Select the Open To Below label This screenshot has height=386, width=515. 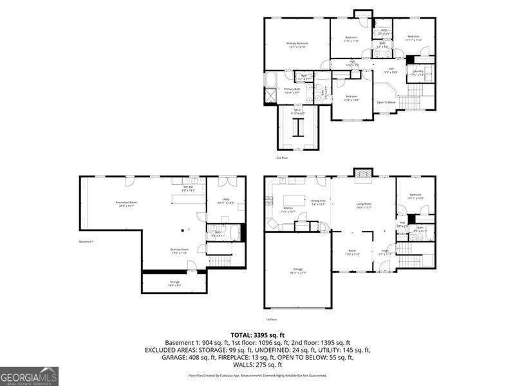pyautogui.click(x=386, y=102)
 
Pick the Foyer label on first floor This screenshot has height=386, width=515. pyautogui.click(x=384, y=252)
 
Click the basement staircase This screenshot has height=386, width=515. pyautogui.click(x=221, y=261)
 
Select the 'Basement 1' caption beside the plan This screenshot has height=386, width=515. pyautogui.click(x=86, y=241)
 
